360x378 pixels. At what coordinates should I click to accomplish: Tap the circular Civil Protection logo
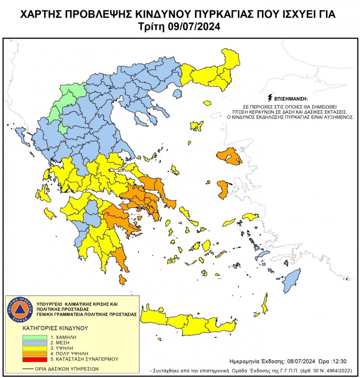[x=20, y=310]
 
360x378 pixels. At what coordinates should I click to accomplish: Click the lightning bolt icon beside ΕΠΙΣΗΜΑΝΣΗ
[x=270, y=98]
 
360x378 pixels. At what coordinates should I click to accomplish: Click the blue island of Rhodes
[x=292, y=280]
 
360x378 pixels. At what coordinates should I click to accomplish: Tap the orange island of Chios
[x=223, y=189]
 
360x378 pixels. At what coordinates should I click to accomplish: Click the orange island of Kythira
[x=122, y=279]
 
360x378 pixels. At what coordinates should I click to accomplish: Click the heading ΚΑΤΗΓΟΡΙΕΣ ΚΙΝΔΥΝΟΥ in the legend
[x=55, y=328]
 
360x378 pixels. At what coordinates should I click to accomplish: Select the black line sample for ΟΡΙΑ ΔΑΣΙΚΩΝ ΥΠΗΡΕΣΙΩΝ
[x=32, y=369]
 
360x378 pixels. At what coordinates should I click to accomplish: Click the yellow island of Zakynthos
[x=50, y=213]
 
